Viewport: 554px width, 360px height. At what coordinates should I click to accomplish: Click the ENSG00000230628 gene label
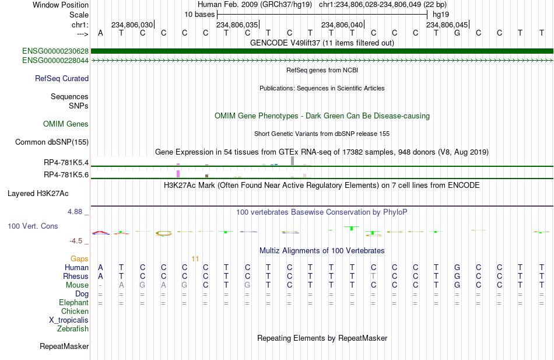(x=55, y=51)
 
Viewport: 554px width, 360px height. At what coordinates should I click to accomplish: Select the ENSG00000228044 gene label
(x=55, y=61)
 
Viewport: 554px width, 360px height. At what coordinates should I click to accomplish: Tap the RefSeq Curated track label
(x=62, y=79)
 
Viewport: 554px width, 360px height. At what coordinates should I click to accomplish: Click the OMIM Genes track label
(x=66, y=124)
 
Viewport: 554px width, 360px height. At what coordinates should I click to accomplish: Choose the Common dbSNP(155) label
(x=52, y=142)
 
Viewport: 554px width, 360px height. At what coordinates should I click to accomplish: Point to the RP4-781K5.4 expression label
(x=66, y=163)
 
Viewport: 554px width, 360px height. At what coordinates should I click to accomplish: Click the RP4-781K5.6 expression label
(x=66, y=174)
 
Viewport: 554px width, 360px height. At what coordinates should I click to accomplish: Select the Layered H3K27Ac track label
(x=38, y=194)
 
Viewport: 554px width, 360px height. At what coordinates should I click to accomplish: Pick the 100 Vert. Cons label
(x=33, y=226)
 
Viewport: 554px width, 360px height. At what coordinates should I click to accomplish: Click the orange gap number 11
(x=195, y=259)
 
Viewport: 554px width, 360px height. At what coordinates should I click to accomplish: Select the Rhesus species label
(x=76, y=276)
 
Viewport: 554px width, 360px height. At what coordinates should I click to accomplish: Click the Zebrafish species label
(x=73, y=329)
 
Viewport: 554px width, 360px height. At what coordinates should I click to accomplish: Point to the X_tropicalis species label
(x=69, y=320)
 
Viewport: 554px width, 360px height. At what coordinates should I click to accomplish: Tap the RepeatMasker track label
(x=64, y=346)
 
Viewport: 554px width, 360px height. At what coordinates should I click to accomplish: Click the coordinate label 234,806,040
(x=342, y=25)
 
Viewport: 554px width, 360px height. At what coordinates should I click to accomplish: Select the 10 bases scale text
(x=199, y=15)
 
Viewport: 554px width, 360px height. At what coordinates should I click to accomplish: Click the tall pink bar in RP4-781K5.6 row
(x=178, y=174)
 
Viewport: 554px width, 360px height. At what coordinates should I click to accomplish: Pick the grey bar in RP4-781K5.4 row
(x=293, y=160)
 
